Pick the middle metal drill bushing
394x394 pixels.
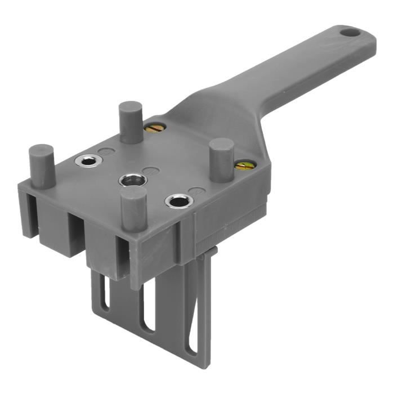pos(133,180)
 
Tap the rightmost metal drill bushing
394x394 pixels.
pos(179,200)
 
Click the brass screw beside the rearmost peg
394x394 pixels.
pos(154,128)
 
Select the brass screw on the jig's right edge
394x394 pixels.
pos(244,165)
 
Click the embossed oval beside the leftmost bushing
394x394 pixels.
pos(105,152)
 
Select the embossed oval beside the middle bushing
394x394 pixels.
pos(149,171)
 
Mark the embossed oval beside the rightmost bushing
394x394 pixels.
pos(195,191)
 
